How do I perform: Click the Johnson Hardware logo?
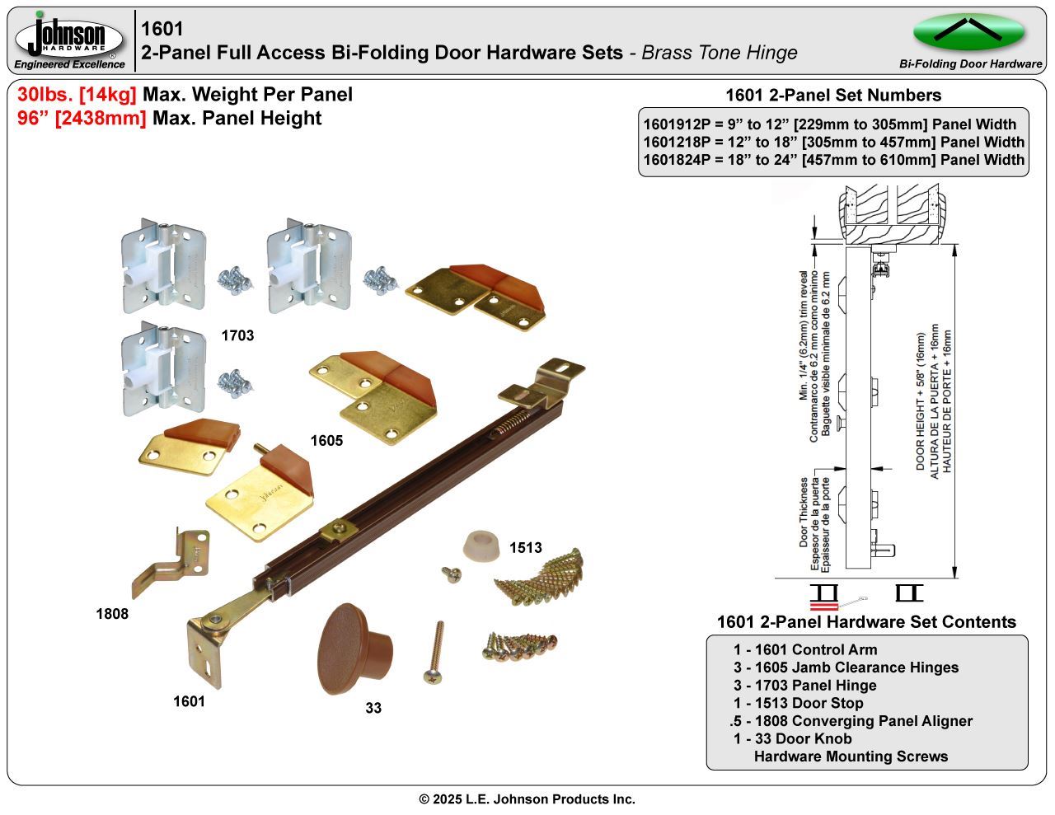(x=69, y=40)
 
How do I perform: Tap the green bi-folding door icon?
(x=968, y=33)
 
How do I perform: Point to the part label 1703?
(x=237, y=335)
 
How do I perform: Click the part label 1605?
(x=326, y=441)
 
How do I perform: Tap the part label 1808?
(x=112, y=613)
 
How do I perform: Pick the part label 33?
(x=373, y=708)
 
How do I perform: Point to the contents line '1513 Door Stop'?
(x=798, y=703)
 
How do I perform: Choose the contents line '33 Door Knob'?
(x=792, y=738)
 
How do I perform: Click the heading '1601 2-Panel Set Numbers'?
(x=832, y=96)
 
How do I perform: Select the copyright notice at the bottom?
(x=527, y=799)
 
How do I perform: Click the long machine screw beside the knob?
(x=435, y=652)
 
